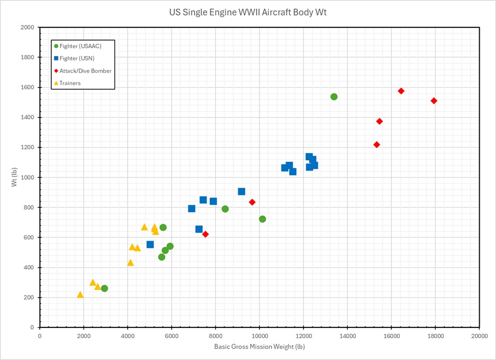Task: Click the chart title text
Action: pyautogui.click(x=248, y=11)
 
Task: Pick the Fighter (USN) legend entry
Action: pyautogui.click(x=77, y=58)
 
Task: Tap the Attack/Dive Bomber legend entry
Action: pyautogui.click(x=86, y=71)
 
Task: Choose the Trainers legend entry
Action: pyautogui.click(x=70, y=83)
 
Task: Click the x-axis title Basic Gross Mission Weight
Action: pyautogui.click(x=259, y=346)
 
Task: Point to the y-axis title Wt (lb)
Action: pyautogui.click(x=15, y=178)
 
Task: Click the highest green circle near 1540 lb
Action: pyautogui.click(x=334, y=97)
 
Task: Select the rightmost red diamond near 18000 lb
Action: pyautogui.click(x=434, y=101)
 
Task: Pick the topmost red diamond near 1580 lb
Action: pyautogui.click(x=401, y=91)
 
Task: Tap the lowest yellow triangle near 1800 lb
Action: pyautogui.click(x=80, y=295)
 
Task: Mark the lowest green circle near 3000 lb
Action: pyautogui.click(x=105, y=289)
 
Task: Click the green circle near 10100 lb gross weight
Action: pyautogui.click(x=262, y=219)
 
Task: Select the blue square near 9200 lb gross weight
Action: pyautogui.click(x=241, y=192)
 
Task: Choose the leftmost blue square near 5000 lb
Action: pyautogui.click(x=150, y=245)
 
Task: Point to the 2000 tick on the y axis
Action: pyautogui.click(x=28, y=27)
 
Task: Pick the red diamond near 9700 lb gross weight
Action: pyautogui.click(x=252, y=202)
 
